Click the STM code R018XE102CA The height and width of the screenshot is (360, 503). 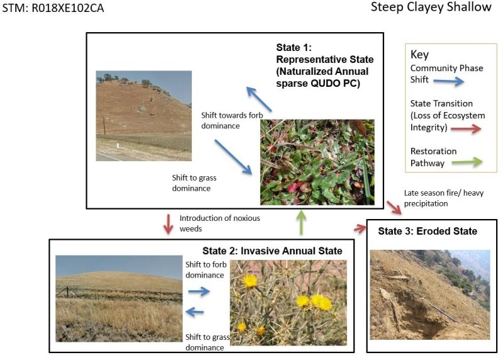(x=53, y=9)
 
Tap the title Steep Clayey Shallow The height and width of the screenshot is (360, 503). (x=431, y=8)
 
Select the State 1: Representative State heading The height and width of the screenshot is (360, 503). (x=323, y=65)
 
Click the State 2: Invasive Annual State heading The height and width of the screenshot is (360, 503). (x=272, y=251)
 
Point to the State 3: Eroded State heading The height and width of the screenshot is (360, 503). (x=427, y=232)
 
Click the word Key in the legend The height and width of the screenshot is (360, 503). (x=419, y=55)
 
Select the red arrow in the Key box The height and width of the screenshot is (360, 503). (x=467, y=128)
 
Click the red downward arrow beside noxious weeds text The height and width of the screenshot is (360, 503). (x=168, y=223)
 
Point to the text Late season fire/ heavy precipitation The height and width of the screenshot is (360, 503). (x=443, y=198)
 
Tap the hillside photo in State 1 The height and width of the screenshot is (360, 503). (x=144, y=116)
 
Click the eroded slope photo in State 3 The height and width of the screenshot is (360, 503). (x=430, y=295)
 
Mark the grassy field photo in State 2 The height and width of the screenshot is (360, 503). (x=119, y=298)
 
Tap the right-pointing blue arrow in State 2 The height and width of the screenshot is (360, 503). (x=199, y=291)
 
